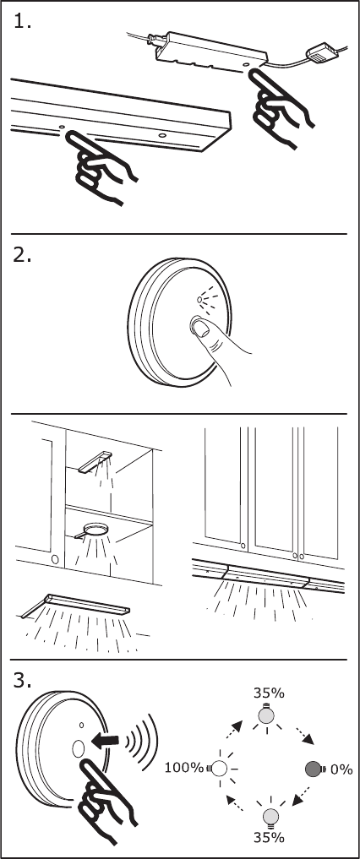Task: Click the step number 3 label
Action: coord(22,681)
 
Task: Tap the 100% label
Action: coord(184,768)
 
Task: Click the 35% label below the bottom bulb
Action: coord(269,837)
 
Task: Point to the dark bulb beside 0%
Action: coord(316,769)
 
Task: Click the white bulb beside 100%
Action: coord(218,769)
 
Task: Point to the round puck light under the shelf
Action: coord(95,530)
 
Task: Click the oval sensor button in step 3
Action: coord(77,748)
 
